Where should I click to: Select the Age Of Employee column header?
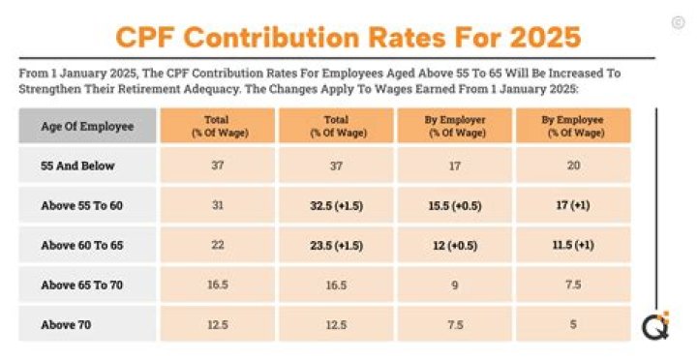point(87,126)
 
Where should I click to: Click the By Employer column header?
point(455,126)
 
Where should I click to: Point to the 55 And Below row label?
point(77,165)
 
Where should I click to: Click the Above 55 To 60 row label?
point(83,205)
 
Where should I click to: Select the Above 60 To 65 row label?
point(83,245)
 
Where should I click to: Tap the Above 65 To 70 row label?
point(83,285)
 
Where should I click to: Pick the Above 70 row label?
point(67,324)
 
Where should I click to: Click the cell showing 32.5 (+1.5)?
point(336,205)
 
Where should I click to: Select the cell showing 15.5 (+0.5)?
point(455,205)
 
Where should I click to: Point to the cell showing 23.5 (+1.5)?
point(336,245)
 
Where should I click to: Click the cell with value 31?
point(218,205)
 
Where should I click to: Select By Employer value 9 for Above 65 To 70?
point(455,285)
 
